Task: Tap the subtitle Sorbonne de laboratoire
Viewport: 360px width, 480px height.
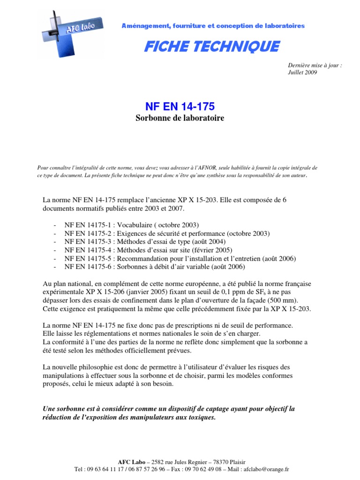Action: (x=180, y=118)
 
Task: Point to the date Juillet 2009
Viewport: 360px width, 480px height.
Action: (x=302, y=73)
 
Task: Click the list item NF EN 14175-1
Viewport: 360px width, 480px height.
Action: (x=89, y=225)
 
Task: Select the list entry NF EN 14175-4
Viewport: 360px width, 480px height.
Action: (x=89, y=250)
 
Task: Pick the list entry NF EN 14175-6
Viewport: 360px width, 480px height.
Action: (x=89, y=267)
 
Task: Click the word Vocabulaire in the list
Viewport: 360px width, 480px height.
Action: (x=138, y=225)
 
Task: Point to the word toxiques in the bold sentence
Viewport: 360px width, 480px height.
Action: (x=201, y=417)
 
